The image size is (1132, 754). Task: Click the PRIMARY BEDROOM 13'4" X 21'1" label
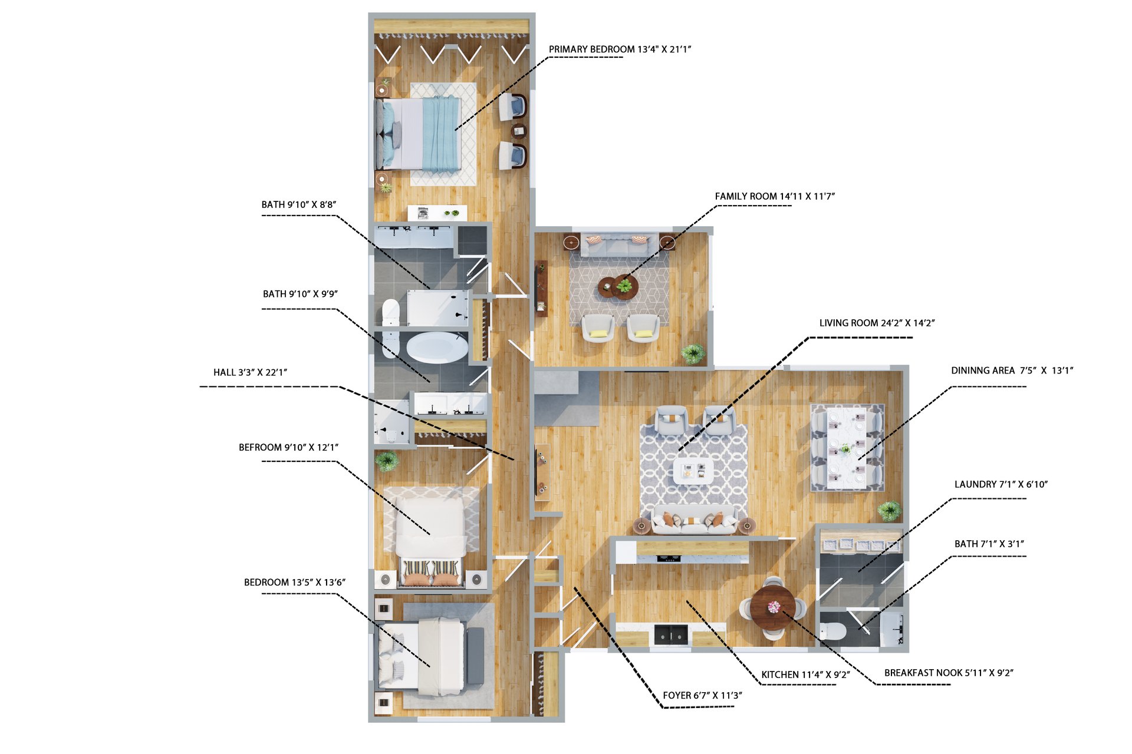coord(620,49)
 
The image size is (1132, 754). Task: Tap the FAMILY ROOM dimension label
coord(775,196)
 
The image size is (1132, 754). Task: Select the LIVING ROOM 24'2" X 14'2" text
coord(877,323)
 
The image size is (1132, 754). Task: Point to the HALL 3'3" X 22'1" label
coord(250,372)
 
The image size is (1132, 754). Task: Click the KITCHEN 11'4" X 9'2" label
coord(805,674)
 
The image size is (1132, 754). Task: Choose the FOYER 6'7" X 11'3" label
coord(702,695)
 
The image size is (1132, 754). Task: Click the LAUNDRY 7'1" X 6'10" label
coord(1001,484)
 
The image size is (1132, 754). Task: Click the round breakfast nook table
coord(774,607)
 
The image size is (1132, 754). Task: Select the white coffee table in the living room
coord(693,471)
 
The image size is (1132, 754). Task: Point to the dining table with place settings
coord(847,447)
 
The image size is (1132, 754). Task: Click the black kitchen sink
coord(671,634)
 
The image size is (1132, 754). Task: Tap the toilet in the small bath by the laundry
coord(833,631)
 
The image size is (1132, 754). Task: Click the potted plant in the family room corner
coord(693,353)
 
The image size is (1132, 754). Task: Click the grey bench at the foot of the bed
coord(475,656)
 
